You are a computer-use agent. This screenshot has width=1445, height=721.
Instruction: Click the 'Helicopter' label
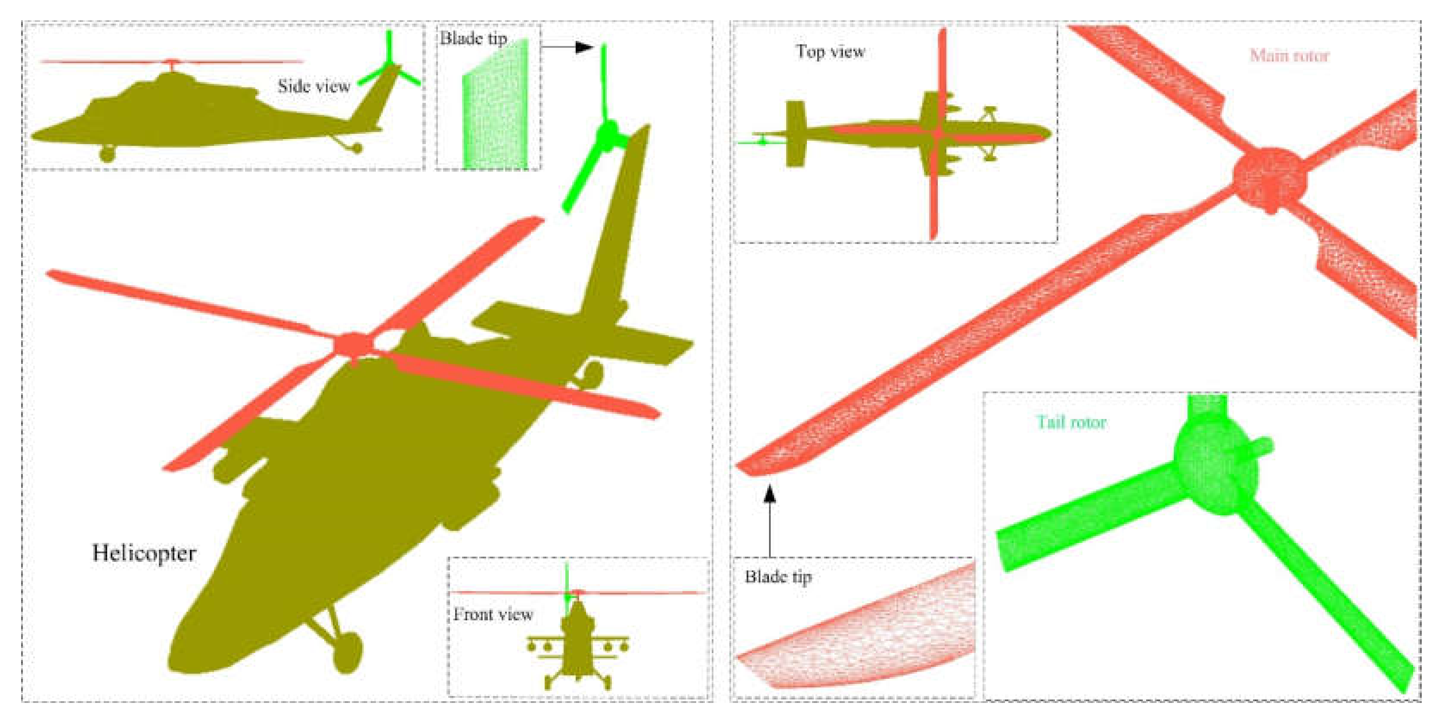(x=144, y=553)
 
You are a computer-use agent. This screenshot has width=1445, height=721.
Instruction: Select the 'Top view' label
(x=830, y=52)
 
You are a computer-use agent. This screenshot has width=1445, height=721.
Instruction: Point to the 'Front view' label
(x=493, y=614)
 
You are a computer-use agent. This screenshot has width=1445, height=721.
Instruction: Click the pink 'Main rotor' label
(x=1290, y=55)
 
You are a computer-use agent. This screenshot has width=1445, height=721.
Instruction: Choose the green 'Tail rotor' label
(x=1071, y=422)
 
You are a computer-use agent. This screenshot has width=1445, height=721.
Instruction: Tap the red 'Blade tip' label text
(x=778, y=577)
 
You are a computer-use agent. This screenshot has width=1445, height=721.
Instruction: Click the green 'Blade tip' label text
(x=473, y=38)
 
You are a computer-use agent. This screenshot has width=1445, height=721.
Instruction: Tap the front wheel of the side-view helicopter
(x=107, y=153)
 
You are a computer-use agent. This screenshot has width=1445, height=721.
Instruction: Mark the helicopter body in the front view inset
(x=578, y=645)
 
